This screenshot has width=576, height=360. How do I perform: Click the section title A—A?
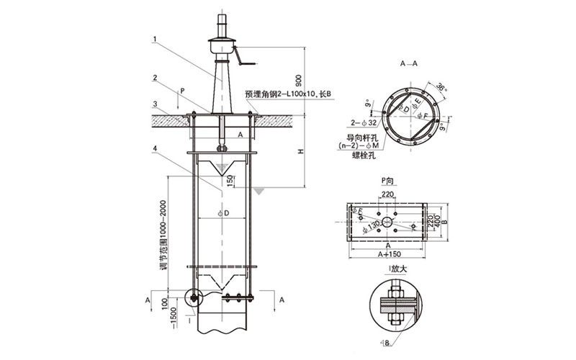coord(409,64)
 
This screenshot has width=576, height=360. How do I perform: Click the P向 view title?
coord(389,181)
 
